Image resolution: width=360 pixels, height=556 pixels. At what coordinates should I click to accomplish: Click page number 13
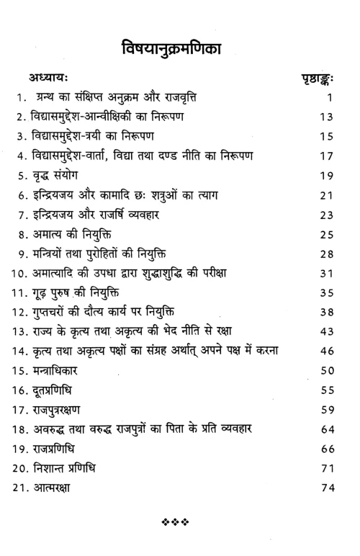(326, 116)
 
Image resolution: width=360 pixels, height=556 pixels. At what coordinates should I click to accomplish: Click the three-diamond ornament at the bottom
(179, 537)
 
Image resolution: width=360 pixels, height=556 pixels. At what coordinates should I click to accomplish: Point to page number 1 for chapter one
(328, 97)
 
